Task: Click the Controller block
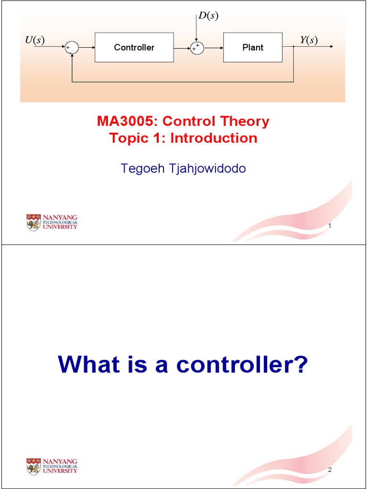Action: pos(134,47)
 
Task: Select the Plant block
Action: pos(252,47)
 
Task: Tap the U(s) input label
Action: pos(34,40)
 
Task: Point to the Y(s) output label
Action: pos(309,40)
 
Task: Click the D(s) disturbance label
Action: pos(208,16)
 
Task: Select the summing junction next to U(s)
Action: pos(71,47)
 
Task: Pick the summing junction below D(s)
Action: pos(196,47)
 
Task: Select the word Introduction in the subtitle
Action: pos(214,138)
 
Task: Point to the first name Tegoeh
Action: pos(140,169)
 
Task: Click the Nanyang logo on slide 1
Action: pos(52,222)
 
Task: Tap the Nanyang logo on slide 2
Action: pos(52,466)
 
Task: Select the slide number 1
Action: pos(330,226)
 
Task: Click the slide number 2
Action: pos(330,470)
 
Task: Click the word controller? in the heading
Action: pos(242,365)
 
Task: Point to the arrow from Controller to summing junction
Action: pos(182,47)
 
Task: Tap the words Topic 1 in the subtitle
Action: pos(137,138)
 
